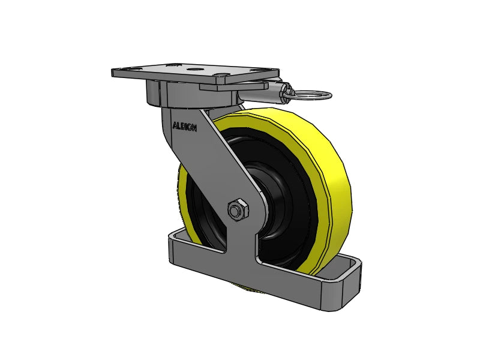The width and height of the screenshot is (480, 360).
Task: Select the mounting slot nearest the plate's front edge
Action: point(221,77)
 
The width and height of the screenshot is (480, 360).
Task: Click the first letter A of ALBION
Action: point(175,126)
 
